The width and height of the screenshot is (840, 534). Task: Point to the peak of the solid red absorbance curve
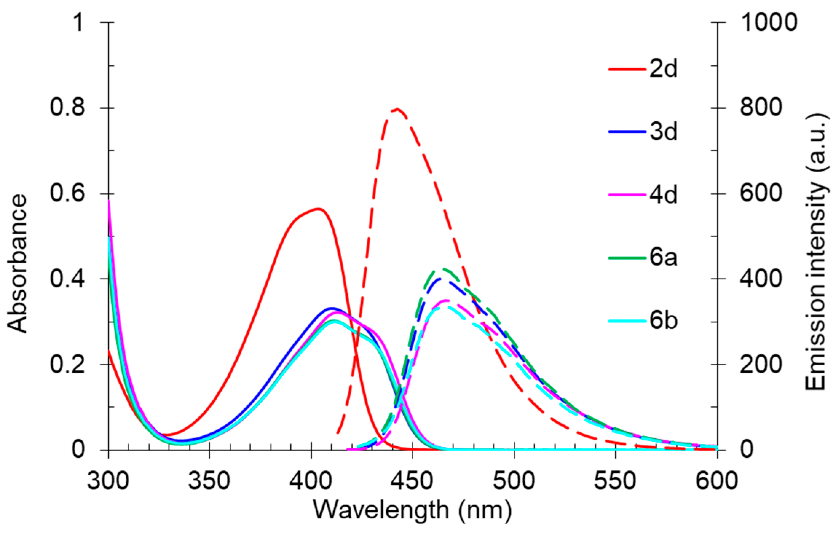tap(318, 209)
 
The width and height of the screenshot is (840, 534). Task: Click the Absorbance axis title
tap(17, 263)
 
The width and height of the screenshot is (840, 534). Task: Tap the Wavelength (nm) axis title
tap(412, 510)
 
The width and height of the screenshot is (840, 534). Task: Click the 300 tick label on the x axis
tap(108, 481)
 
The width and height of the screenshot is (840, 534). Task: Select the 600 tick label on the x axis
tap(717, 481)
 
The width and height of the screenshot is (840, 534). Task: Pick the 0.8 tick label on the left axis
tap(67, 108)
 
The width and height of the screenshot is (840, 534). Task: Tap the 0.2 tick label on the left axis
tap(67, 364)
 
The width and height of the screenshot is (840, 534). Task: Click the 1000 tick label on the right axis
tap(768, 22)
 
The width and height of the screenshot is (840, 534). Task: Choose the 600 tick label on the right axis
tap(761, 193)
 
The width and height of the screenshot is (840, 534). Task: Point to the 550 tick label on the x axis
tap(615, 481)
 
